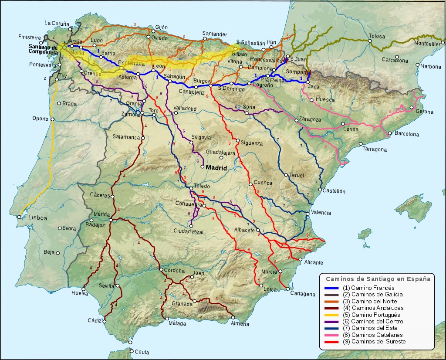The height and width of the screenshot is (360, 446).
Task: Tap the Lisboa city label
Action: [38, 217]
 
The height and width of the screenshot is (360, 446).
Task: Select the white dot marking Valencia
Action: [307, 214]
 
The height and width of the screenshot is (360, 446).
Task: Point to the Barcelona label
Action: [406, 134]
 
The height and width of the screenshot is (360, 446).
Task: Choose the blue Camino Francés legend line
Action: [332, 288]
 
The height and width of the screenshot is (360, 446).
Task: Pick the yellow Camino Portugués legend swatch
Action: [332, 315]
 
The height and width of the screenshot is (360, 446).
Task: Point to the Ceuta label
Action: [142, 352]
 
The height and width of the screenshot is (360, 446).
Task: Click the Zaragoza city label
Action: [310, 119]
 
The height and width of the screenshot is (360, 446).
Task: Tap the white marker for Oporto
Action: [52, 119]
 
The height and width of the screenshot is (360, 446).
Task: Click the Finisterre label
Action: [30, 37]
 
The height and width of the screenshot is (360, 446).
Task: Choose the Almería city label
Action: [240, 324]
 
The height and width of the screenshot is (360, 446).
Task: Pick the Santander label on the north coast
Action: [215, 34]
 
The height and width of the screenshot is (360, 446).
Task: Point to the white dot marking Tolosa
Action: [369, 41]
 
